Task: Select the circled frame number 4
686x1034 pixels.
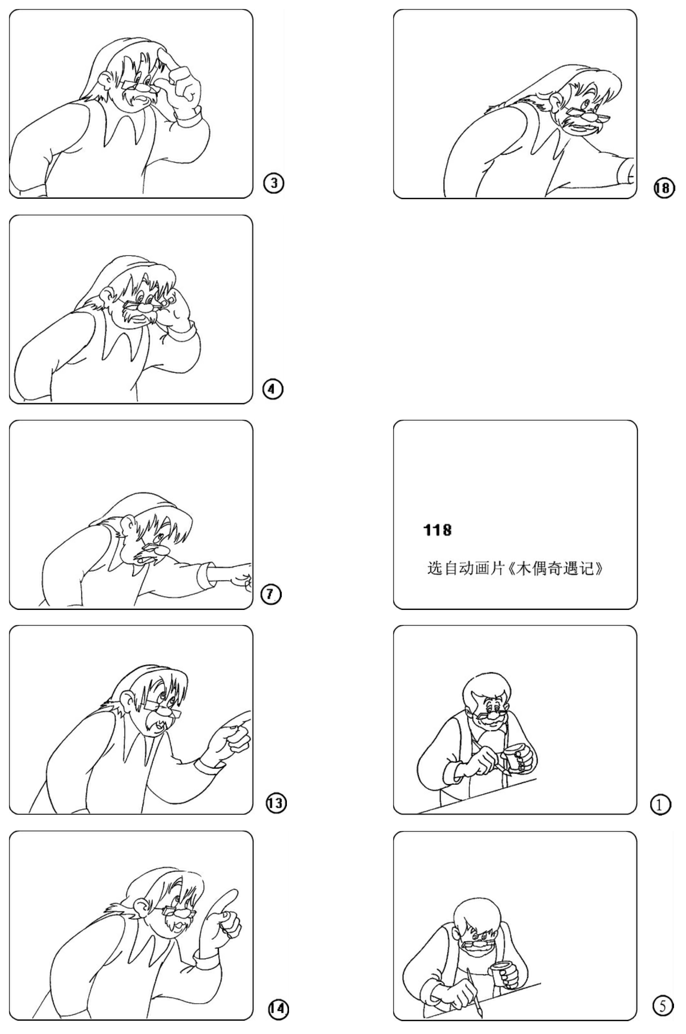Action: coord(273,388)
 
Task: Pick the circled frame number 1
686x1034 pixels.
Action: coord(661,805)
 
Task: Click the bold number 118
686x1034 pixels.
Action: coord(438,530)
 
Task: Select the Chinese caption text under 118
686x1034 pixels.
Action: coord(516,568)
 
